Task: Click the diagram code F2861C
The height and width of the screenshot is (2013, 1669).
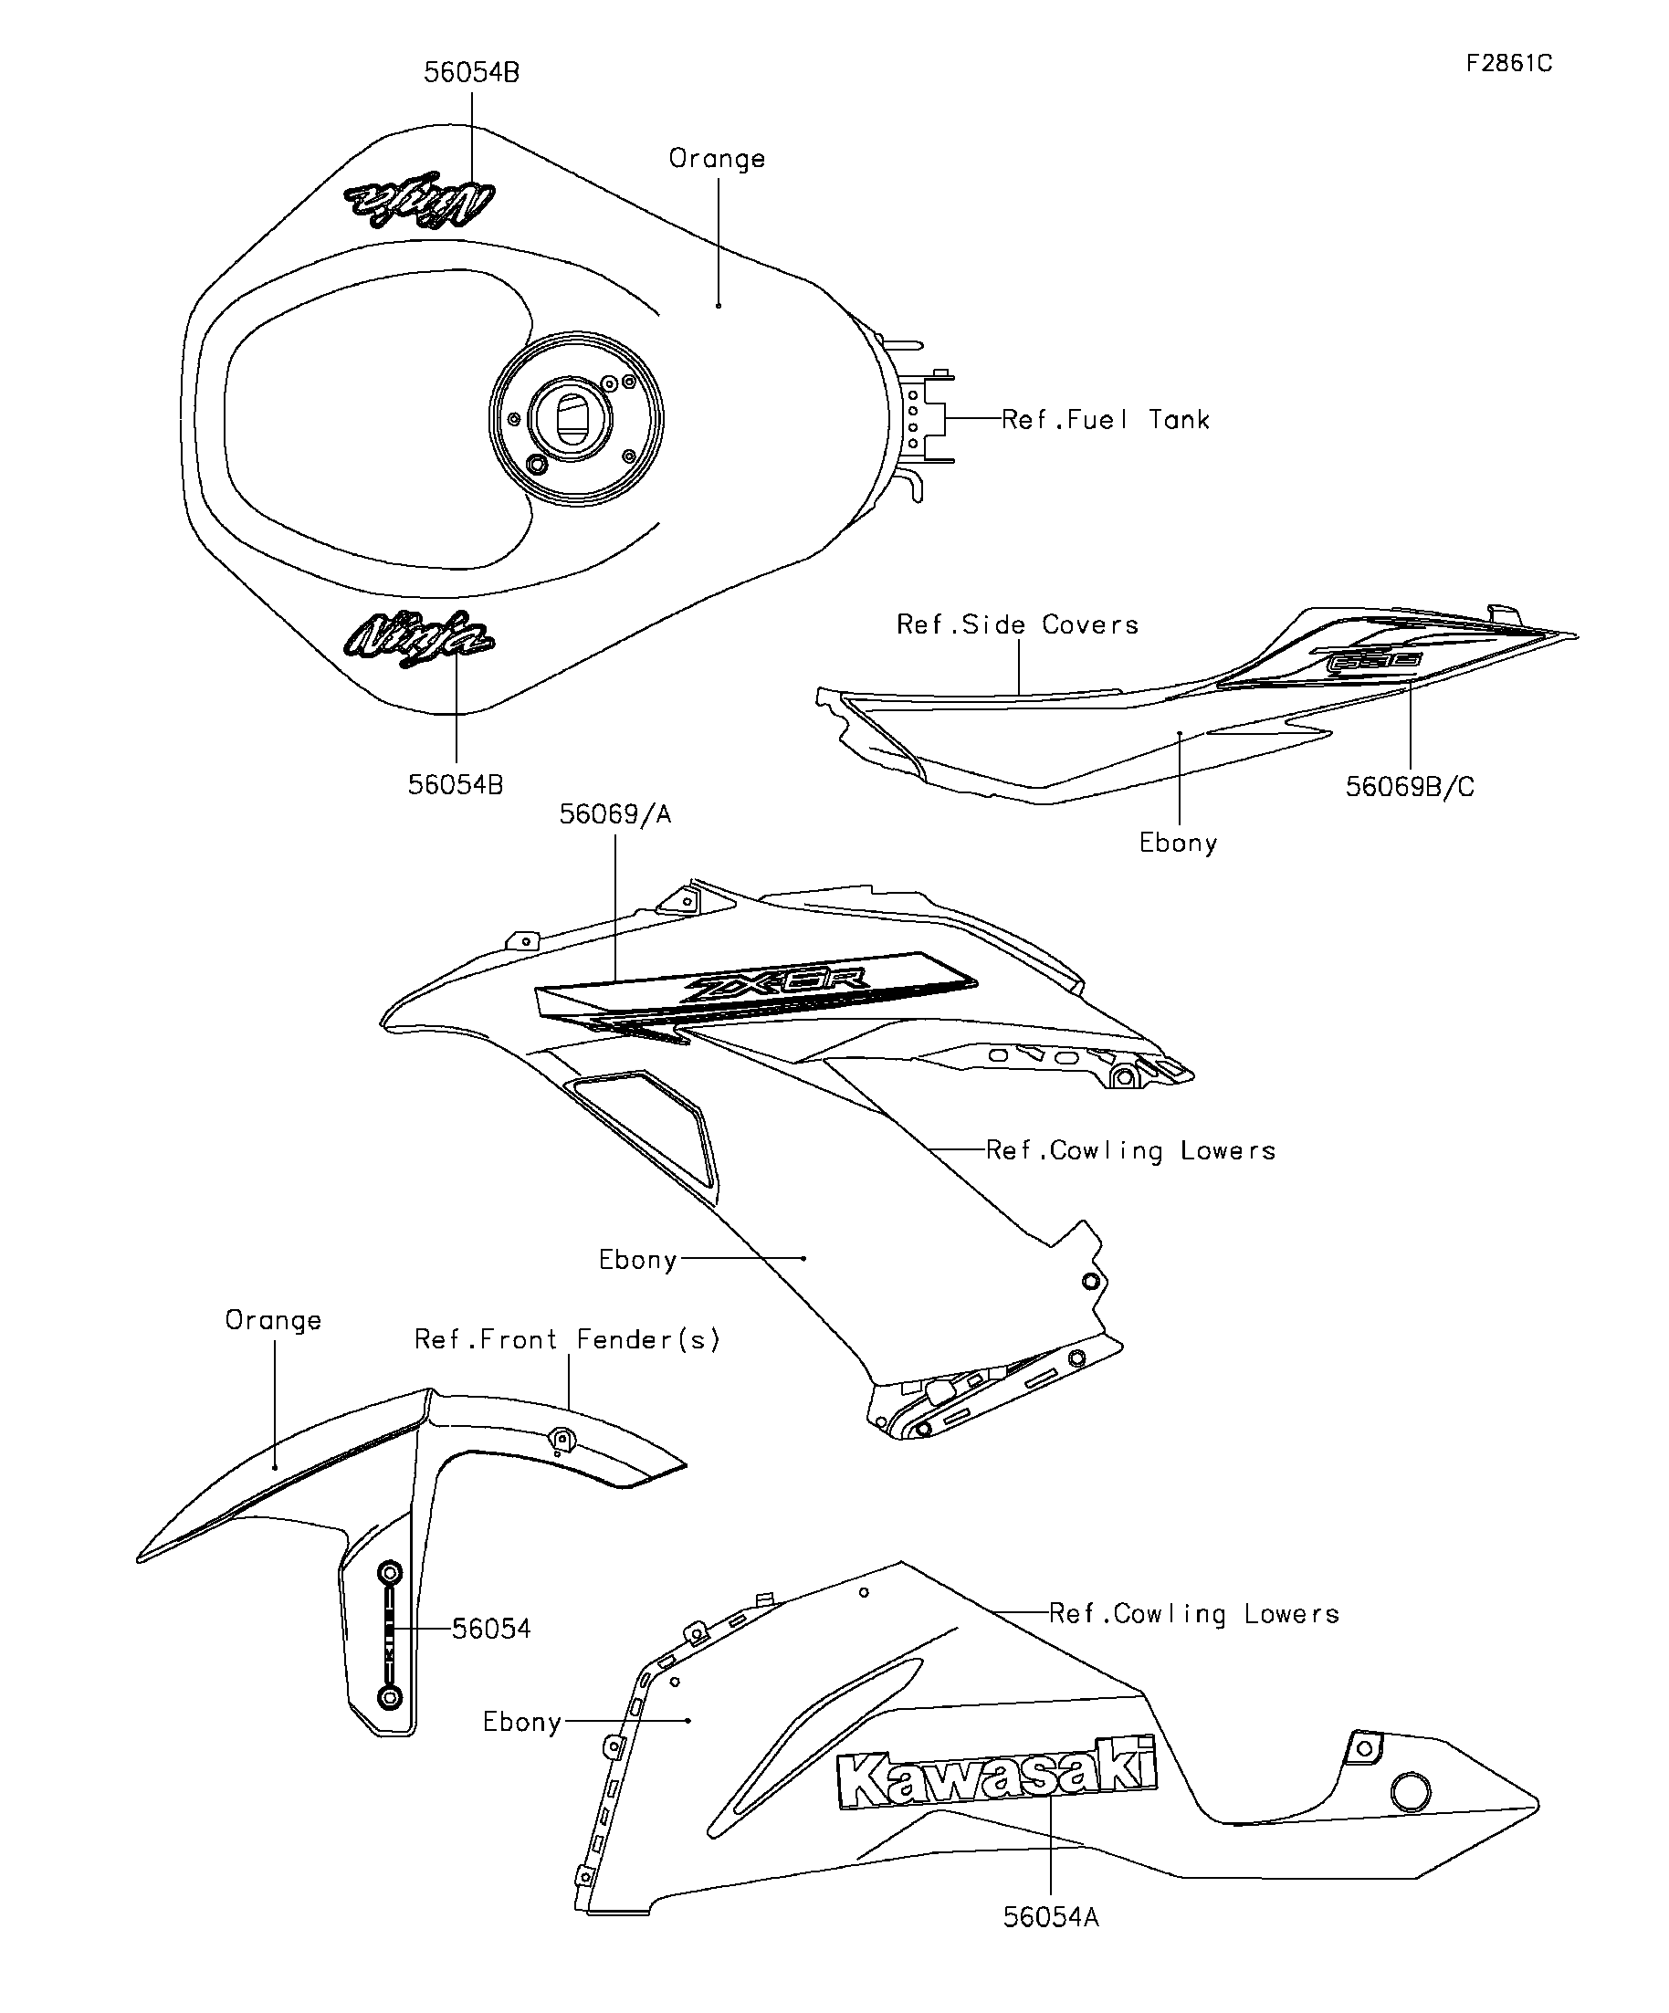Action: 1508,64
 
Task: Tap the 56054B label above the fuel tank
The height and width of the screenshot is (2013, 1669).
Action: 472,73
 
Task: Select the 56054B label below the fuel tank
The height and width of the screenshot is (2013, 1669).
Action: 456,785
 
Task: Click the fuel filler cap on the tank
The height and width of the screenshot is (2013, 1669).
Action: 575,419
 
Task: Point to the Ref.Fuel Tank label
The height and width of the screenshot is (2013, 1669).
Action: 1105,420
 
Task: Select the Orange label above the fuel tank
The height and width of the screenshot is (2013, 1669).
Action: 716,159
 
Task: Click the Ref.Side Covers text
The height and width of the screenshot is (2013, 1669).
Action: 1017,625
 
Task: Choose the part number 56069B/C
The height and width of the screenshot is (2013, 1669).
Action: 1409,787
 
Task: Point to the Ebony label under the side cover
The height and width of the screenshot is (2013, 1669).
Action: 1178,844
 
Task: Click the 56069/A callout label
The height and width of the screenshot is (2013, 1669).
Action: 614,814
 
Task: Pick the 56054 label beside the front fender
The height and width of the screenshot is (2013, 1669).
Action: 491,1629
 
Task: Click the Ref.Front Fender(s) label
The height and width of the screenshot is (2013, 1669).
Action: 567,1339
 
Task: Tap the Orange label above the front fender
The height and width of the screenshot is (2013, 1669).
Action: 273,1321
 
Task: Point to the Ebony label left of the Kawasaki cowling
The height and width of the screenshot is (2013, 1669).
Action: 521,1723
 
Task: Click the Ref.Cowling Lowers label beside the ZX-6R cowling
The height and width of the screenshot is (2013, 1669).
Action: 1130,1150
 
